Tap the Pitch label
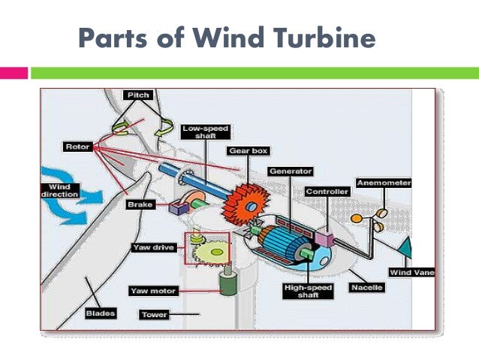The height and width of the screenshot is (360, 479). point(138,95)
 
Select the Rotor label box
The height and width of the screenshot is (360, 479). point(78,147)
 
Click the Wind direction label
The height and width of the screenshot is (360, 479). point(59,190)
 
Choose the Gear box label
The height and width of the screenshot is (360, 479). point(248,151)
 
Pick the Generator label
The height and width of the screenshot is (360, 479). point(290,171)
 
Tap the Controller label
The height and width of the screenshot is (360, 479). point(327,192)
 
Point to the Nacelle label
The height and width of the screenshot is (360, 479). point(366,288)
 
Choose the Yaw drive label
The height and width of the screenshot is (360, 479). point(153,247)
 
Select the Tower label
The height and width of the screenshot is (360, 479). point(154,314)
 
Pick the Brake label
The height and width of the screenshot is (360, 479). point(140,203)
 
